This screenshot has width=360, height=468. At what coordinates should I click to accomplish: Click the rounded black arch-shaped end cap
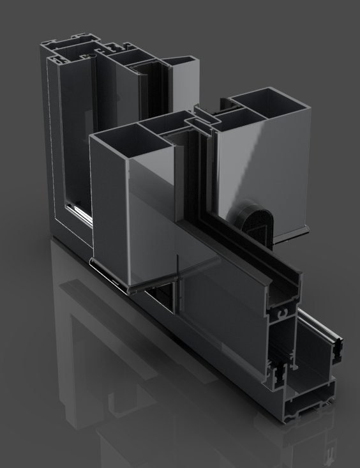261,221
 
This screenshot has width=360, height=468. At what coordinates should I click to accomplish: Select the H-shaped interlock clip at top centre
205,118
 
